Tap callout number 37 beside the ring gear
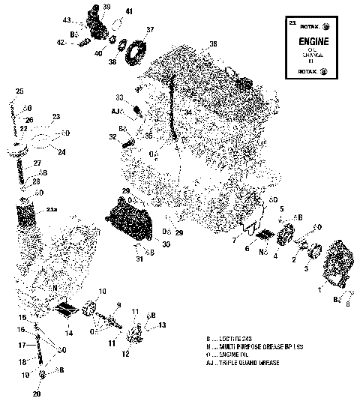pos(150,30)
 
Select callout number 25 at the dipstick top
pos(19,91)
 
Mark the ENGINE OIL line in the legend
pos(240,355)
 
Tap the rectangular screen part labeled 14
pos(67,307)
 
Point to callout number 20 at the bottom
pos(37,391)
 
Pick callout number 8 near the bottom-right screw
pos(349,304)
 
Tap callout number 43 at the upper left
pos(67,19)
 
